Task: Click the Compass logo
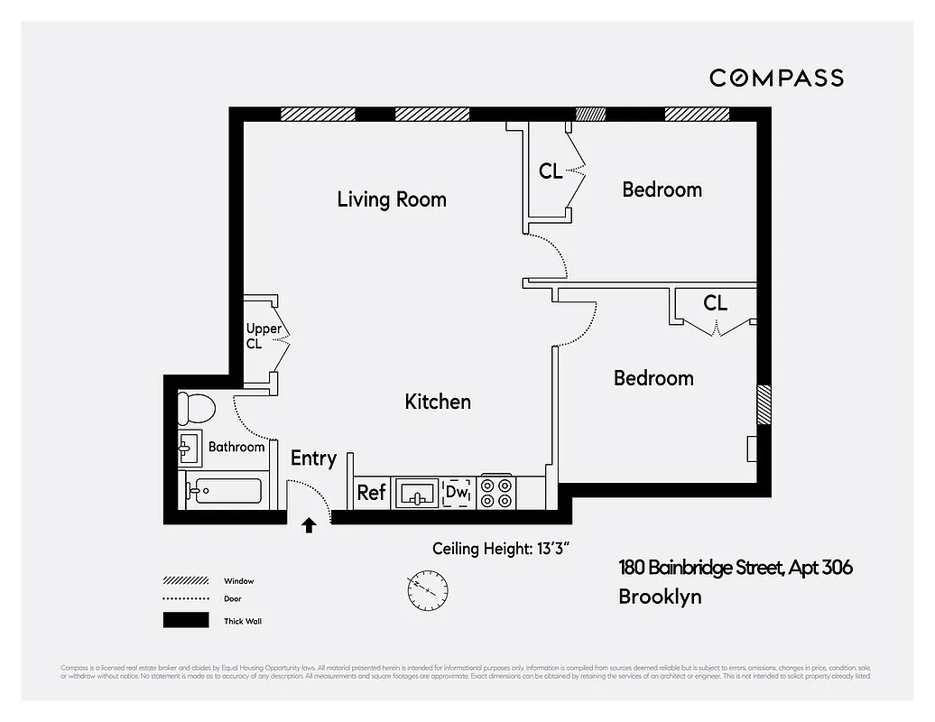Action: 776,78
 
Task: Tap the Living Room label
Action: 392,199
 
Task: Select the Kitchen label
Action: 438,402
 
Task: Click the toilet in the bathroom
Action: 197,409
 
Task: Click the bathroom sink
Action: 190,447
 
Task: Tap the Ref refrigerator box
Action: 371,493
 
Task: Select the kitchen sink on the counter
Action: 416,493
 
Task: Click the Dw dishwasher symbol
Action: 457,493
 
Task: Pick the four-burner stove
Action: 496,493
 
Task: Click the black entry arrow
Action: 309,524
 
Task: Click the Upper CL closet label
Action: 264,336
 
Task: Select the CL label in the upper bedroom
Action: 551,171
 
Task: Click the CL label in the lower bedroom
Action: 715,303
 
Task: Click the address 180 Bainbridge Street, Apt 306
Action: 735,568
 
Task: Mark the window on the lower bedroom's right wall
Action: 764,404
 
